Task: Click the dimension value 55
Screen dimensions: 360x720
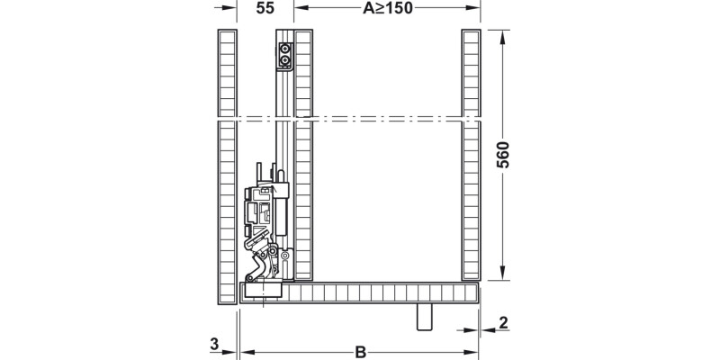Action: pos(265,9)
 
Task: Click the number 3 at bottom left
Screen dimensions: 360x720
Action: pos(212,343)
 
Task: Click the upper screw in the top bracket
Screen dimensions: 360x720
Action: pos(286,49)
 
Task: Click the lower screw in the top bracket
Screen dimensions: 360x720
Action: pos(286,62)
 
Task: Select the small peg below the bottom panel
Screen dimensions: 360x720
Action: pos(425,318)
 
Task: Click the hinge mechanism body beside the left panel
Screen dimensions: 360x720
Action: pos(265,216)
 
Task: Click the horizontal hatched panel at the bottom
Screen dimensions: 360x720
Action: pos(378,292)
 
